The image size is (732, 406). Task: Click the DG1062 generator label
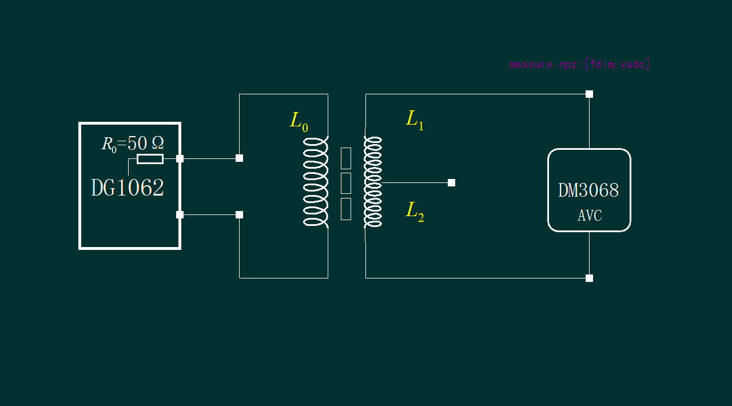click(x=128, y=188)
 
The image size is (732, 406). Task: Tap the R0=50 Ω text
click(x=133, y=143)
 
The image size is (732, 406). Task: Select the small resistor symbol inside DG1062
click(x=150, y=159)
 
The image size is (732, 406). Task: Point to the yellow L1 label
click(x=415, y=120)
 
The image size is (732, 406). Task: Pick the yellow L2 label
click(x=415, y=211)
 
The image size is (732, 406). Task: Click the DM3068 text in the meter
click(x=588, y=190)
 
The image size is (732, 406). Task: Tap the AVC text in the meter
click(x=589, y=216)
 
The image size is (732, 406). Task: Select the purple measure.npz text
click(x=579, y=64)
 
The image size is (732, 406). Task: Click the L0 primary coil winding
click(x=316, y=182)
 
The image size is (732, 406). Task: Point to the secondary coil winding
click(x=373, y=182)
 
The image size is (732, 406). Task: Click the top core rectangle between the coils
click(x=346, y=158)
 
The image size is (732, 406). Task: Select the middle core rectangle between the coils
click(x=346, y=183)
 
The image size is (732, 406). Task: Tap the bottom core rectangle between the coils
click(x=346, y=209)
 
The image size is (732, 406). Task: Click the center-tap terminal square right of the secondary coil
click(x=451, y=182)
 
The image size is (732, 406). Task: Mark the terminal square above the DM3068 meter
click(x=589, y=94)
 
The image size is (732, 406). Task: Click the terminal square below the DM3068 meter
click(x=589, y=278)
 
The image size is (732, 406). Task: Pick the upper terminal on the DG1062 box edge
click(x=180, y=158)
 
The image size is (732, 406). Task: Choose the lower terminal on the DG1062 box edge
click(x=180, y=214)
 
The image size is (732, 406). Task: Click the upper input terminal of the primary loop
click(x=239, y=158)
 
